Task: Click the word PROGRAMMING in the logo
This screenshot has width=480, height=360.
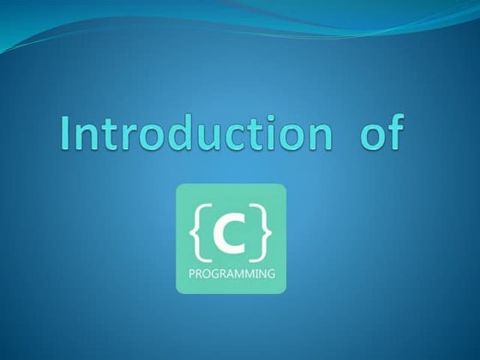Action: (x=231, y=275)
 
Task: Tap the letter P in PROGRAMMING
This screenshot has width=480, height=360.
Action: (x=191, y=275)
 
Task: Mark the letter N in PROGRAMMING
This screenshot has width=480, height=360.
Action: (x=262, y=275)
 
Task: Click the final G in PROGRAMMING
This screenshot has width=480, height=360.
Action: (x=271, y=275)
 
